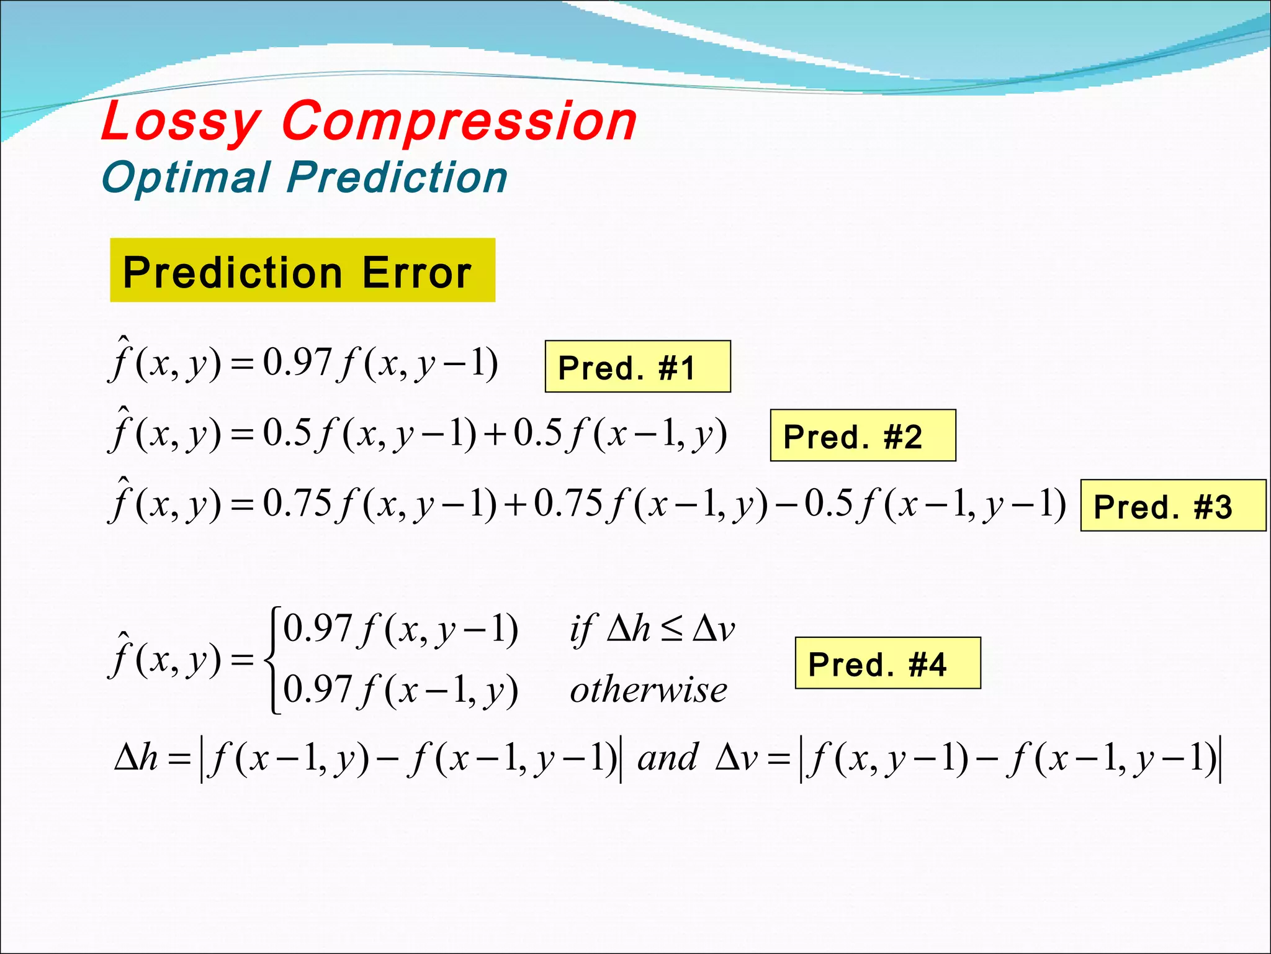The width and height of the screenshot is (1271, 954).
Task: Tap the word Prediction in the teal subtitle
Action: click(397, 178)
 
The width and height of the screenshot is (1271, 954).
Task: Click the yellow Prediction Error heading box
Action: click(302, 271)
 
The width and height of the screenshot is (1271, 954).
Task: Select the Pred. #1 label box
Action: click(637, 367)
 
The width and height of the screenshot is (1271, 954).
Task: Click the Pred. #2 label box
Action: click(863, 436)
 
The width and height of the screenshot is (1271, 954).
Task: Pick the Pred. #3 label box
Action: click(1172, 506)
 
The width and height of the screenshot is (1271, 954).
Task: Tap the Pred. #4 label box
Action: click(887, 663)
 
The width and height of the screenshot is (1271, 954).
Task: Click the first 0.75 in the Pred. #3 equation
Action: click(297, 503)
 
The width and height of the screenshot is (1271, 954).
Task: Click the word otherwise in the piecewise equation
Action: click(648, 691)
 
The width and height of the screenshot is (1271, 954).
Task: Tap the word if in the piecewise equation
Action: click(582, 630)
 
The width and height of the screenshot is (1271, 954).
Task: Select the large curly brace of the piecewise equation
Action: click(272, 660)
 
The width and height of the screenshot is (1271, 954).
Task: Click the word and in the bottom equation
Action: click(668, 758)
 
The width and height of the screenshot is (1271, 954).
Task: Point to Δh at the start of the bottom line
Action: click(136, 758)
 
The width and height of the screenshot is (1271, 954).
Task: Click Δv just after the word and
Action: click(737, 758)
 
